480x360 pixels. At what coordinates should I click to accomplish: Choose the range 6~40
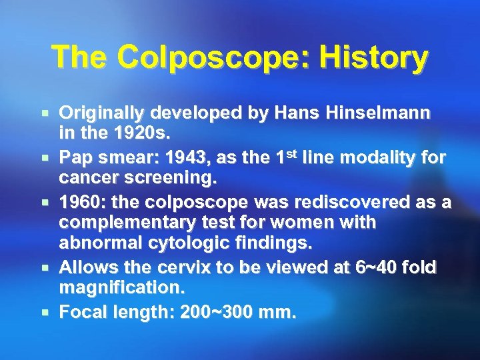pyautogui.click(x=370, y=269)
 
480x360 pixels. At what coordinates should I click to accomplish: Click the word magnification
pyautogui.click(x=121, y=289)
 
